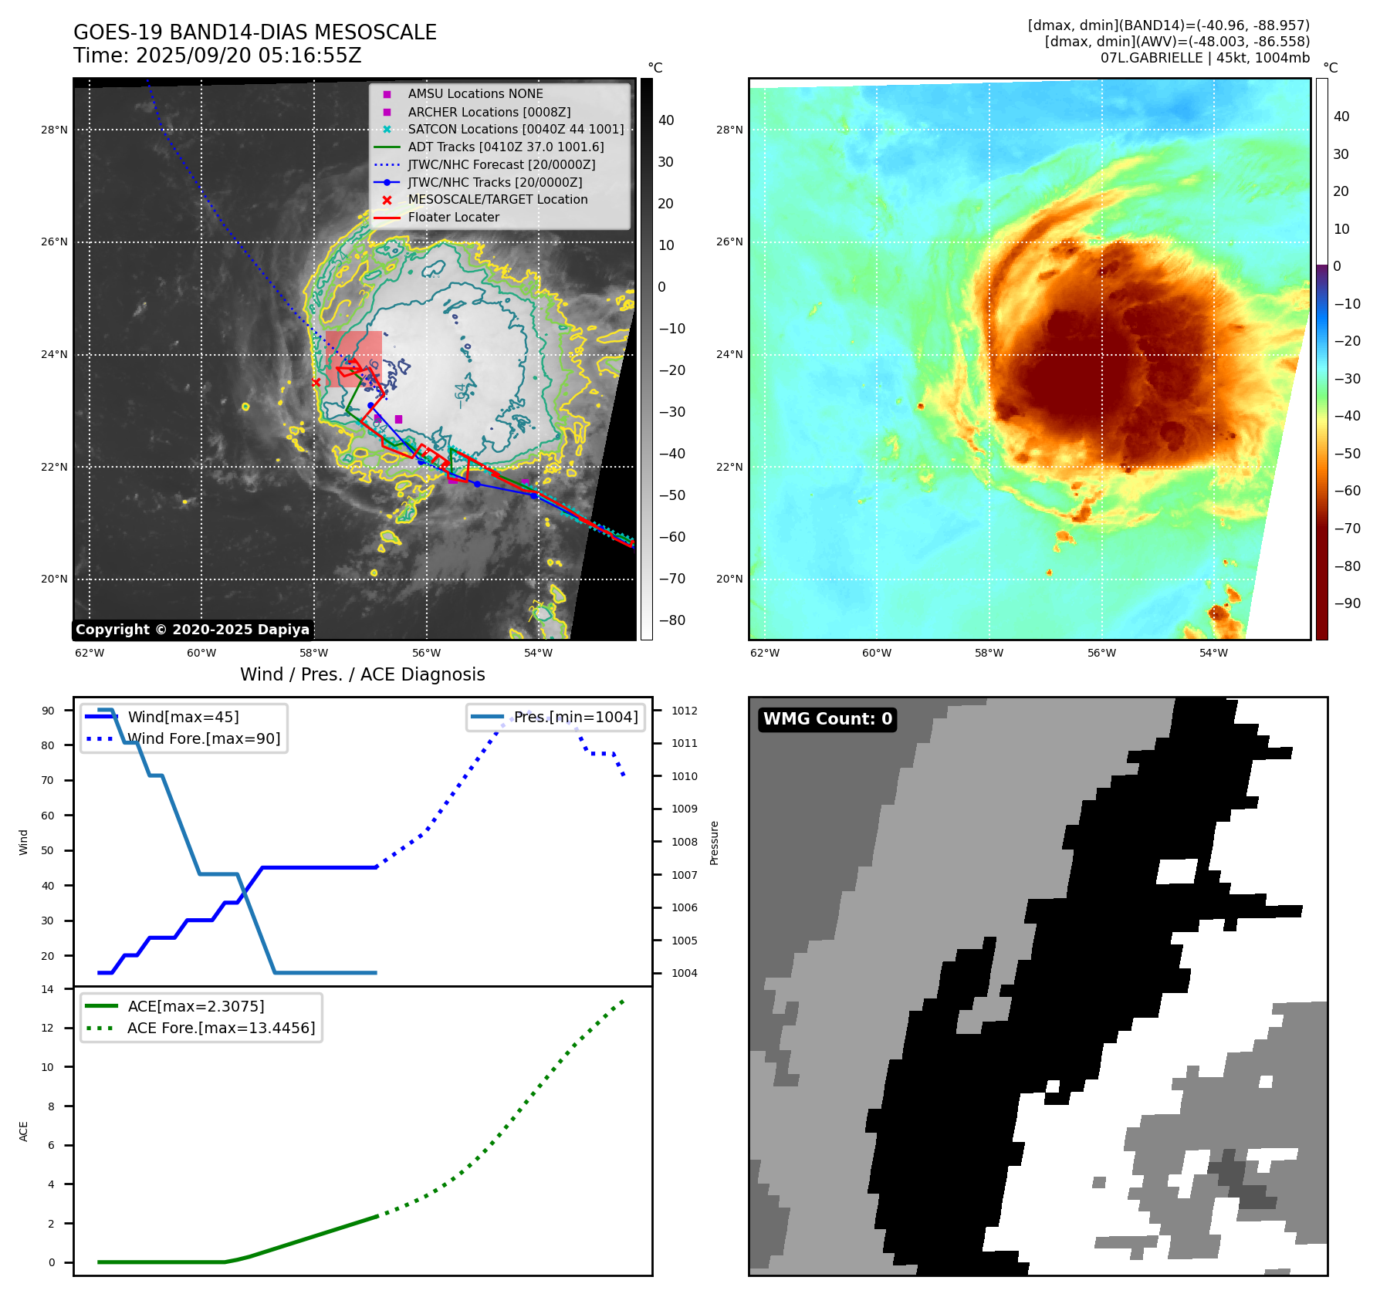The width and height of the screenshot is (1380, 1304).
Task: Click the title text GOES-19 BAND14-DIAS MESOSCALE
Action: [x=255, y=32]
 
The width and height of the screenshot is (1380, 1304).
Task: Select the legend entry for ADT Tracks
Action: [x=506, y=147]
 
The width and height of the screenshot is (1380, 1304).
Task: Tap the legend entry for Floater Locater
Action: [x=453, y=218]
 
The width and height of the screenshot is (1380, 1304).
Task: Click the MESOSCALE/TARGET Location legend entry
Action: [x=497, y=200]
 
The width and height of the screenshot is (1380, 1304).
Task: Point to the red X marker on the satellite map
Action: [x=316, y=382]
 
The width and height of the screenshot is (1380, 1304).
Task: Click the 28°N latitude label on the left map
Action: [x=54, y=130]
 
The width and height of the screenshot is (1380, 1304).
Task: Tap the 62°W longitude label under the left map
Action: [x=90, y=653]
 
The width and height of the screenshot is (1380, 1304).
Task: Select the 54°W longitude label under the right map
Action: [x=1213, y=653]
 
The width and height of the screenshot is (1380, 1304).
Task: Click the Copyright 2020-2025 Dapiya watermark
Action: [x=192, y=630]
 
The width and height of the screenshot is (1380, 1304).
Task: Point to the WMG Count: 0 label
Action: [x=827, y=719]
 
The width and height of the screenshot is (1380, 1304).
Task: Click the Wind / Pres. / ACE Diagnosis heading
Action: [x=363, y=674]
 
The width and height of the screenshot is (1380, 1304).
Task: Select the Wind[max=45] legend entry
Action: [x=183, y=718]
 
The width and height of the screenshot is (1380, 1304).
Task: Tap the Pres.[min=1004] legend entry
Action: [x=576, y=718]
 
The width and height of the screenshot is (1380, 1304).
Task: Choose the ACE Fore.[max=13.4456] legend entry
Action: [x=221, y=1029]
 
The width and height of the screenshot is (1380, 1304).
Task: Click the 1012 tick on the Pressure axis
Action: [x=684, y=711]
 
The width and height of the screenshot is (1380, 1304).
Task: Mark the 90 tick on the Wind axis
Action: [x=48, y=711]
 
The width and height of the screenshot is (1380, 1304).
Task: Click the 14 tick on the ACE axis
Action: [x=48, y=989]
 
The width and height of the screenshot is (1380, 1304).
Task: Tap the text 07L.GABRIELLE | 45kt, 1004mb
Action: [x=1205, y=58]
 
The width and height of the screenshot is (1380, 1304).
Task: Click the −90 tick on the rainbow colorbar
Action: [x=1348, y=603]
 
